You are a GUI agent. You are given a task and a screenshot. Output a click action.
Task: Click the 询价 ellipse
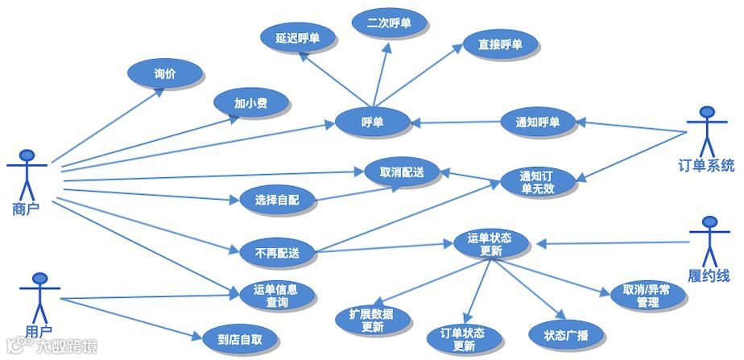pos(164,74)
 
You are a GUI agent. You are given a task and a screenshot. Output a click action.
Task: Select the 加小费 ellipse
pos(250,104)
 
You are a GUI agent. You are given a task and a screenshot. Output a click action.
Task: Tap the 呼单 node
pos(372,122)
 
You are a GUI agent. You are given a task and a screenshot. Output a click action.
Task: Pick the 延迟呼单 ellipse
pos(296,38)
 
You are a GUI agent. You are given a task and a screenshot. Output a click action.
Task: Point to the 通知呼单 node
pos(537,122)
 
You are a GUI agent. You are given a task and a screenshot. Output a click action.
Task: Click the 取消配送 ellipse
pos(395,172)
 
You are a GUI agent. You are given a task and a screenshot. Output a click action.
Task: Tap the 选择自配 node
pos(276,201)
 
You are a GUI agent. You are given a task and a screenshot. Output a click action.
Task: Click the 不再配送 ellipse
pos(276,253)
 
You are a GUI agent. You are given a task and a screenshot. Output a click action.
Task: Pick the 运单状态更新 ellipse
pos(490,244)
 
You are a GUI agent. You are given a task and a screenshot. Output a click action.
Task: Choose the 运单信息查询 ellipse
pos(276,295)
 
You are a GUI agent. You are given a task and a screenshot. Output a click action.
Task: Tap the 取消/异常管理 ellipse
pos(647,295)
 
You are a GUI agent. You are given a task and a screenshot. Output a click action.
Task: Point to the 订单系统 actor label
pos(706,167)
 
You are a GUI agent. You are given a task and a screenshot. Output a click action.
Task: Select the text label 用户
pos(37,331)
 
